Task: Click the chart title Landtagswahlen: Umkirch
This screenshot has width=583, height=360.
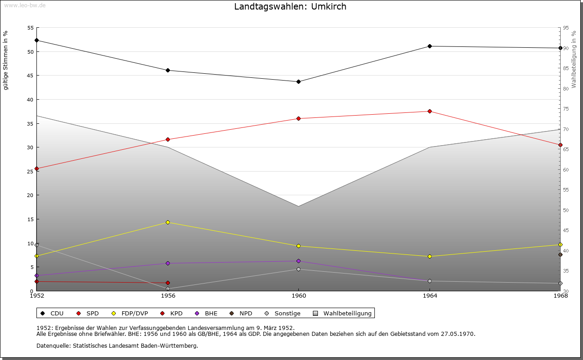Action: [x=290, y=6]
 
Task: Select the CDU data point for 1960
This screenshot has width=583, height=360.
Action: [x=298, y=81]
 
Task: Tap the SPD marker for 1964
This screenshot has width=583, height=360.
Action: [x=430, y=112]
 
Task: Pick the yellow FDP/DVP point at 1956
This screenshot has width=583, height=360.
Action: [x=168, y=223]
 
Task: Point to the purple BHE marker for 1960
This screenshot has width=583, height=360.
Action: [x=298, y=261]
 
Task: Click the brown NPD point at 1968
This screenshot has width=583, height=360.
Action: [x=560, y=255]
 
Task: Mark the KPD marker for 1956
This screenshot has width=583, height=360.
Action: [x=168, y=283]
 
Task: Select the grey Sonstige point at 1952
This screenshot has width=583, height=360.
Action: [x=37, y=245]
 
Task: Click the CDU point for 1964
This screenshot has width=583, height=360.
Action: [x=430, y=46]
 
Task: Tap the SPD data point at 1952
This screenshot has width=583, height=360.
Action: [x=37, y=168]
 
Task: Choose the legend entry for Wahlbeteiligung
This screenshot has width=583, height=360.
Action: [x=342, y=313]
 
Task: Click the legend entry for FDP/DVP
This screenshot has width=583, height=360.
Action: [x=131, y=313]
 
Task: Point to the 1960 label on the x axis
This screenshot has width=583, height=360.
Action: [x=299, y=296]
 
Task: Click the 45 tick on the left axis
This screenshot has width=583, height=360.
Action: [x=31, y=76]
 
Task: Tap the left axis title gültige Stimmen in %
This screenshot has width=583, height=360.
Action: [x=5, y=61]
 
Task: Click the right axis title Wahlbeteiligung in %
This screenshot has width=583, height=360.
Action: [x=573, y=60]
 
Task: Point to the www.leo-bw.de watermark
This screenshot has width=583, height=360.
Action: [x=25, y=5]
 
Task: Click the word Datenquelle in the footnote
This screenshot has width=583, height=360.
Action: [x=53, y=346]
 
